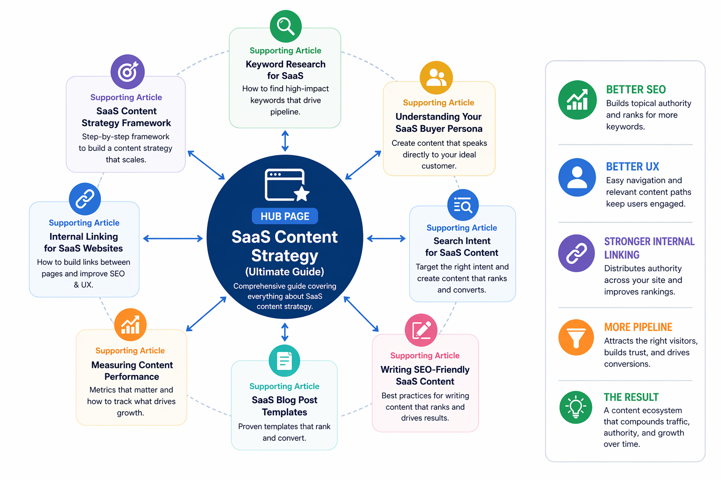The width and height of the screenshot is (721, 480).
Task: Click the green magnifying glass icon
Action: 285,26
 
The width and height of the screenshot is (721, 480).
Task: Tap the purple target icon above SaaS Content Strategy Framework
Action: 128,72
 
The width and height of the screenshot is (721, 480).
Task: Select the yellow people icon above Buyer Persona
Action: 436,77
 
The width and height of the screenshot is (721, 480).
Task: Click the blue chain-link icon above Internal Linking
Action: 84,199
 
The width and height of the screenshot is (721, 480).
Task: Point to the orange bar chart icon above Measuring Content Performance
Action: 130,324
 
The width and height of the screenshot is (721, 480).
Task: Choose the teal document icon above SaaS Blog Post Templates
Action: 284,360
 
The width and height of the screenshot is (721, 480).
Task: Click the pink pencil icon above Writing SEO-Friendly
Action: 421,330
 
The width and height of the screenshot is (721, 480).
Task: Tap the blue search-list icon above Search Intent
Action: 463,205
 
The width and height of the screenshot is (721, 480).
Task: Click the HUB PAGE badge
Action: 285,216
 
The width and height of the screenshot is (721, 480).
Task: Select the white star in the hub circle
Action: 302,194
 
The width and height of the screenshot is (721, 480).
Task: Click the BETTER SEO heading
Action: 636,90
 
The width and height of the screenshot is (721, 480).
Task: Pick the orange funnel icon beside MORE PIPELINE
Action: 576,337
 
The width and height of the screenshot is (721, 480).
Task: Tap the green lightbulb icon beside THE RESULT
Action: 575,407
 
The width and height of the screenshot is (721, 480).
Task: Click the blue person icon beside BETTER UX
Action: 577,177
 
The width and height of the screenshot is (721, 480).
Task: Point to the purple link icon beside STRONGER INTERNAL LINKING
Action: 576,253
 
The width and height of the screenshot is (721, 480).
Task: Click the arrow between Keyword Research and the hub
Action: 285,141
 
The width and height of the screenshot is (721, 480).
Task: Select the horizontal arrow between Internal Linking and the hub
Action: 173,238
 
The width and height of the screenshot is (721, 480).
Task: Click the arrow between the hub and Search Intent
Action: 386,238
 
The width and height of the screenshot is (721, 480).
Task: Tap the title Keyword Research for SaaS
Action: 285,70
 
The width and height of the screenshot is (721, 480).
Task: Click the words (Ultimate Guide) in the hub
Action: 284,272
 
